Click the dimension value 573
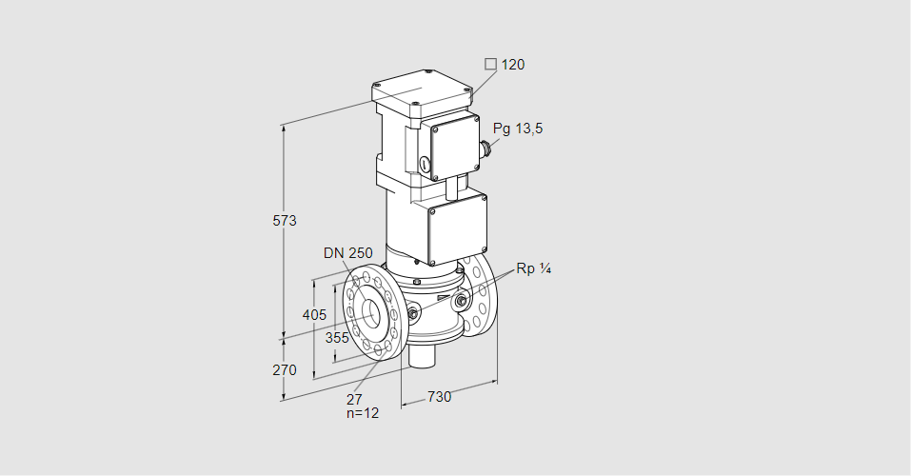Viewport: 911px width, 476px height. [285, 221]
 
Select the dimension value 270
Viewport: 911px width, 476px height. [285, 369]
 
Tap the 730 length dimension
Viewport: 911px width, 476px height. [439, 396]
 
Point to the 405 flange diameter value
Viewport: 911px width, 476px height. [313, 315]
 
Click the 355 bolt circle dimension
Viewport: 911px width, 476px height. [336, 337]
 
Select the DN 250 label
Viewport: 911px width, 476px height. [347, 253]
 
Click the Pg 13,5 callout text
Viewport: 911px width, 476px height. [518, 129]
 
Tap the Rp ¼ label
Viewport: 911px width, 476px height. [533, 268]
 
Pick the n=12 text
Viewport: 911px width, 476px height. [362, 414]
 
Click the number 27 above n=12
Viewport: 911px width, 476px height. [354, 400]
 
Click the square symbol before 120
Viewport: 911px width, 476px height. [490, 65]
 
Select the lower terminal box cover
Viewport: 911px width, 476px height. [457, 228]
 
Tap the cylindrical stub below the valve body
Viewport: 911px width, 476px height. [422, 357]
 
